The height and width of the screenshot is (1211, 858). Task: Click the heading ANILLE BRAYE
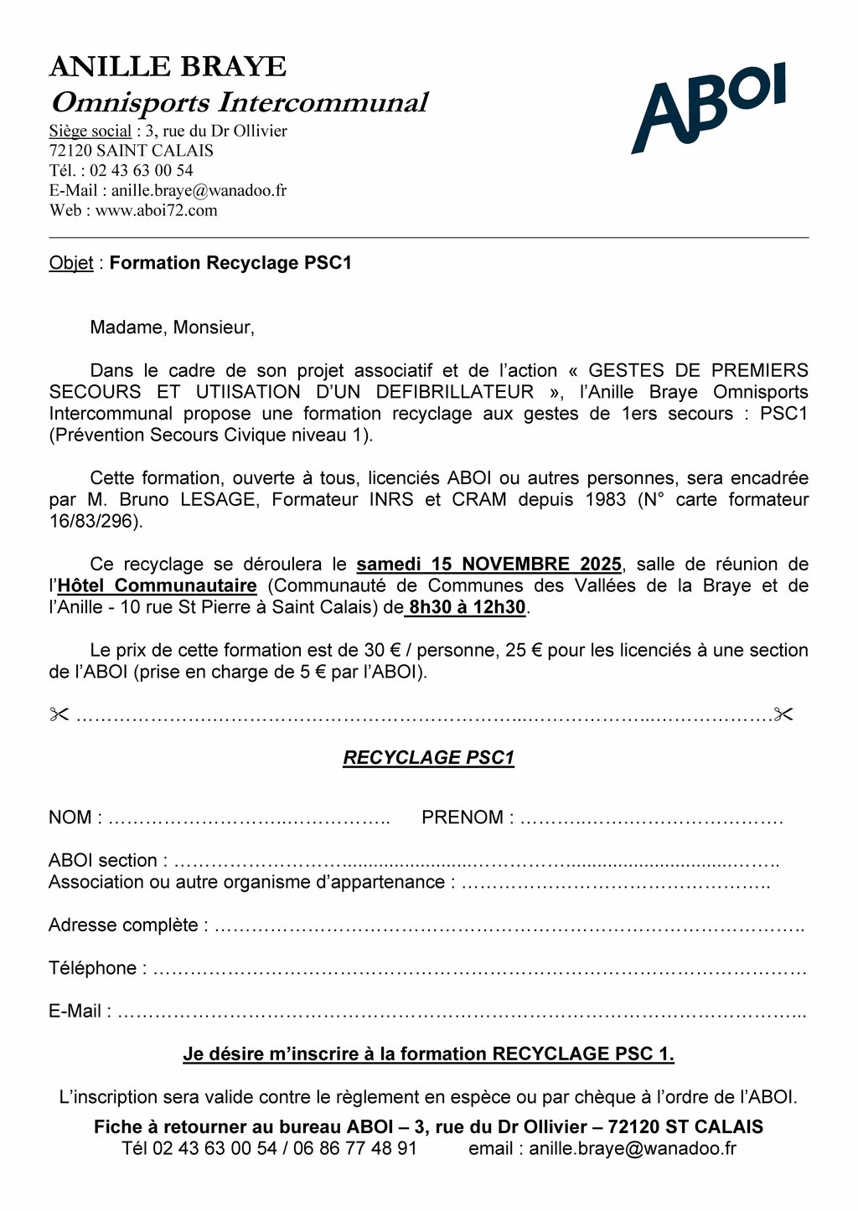(168, 66)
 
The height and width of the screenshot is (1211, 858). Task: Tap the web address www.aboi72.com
(156, 210)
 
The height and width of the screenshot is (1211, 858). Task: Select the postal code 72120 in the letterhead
(70, 151)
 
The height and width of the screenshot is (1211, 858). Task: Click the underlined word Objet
(71, 263)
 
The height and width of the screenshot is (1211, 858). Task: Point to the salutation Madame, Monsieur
(172, 327)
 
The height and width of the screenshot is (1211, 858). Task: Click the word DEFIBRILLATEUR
(455, 392)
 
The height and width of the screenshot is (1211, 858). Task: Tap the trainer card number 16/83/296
(95, 521)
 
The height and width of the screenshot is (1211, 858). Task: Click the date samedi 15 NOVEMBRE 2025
(489, 564)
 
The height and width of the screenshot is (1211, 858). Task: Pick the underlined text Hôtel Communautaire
(157, 586)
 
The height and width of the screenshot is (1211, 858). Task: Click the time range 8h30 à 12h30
(467, 608)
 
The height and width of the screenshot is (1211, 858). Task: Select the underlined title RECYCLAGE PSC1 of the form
(428, 758)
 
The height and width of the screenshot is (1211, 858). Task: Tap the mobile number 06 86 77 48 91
(354, 1149)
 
